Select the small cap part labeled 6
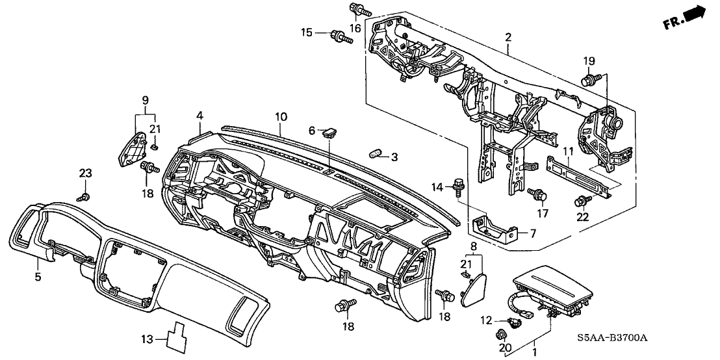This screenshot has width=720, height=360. coord(329,133)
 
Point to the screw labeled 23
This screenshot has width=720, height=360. coord(83,196)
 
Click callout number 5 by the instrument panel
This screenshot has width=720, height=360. coord(37,277)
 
